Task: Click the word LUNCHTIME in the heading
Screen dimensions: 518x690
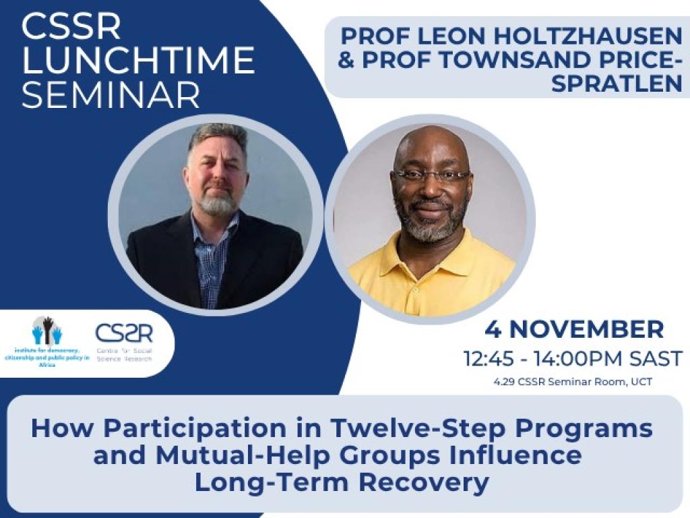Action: coord(138,61)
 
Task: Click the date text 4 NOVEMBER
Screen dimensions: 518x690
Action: coord(574,330)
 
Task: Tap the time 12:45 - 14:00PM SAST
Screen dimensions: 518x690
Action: coord(573,358)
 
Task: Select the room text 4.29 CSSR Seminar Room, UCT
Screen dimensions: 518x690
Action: coord(573,382)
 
